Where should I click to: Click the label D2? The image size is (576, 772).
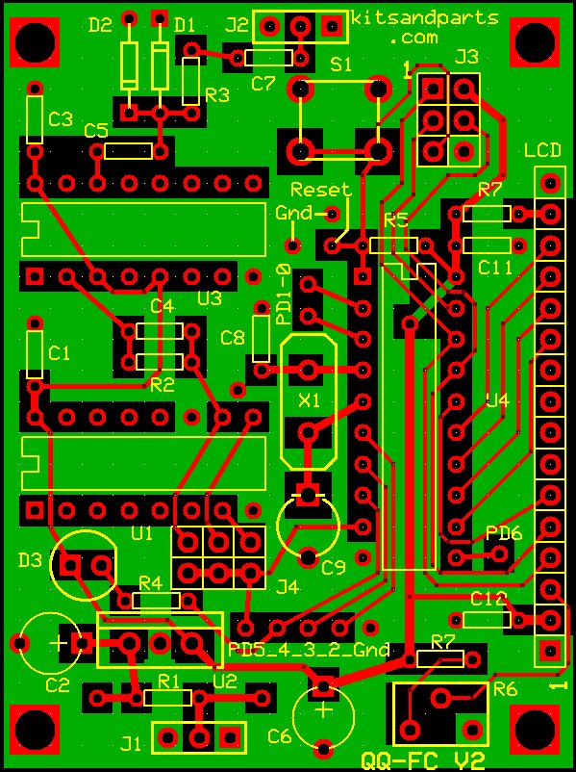(99, 25)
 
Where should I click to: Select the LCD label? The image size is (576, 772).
(542, 150)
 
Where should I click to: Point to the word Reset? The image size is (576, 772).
(320, 190)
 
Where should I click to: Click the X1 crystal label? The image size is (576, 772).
(309, 400)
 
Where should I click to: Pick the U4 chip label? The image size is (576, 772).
(497, 400)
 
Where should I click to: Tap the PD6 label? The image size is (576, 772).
(503, 532)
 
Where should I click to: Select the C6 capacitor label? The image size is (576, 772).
(279, 736)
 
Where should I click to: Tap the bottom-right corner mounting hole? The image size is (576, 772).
(535, 728)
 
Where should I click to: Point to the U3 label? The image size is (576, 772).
(210, 298)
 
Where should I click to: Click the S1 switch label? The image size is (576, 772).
(340, 64)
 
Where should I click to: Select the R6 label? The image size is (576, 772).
(504, 689)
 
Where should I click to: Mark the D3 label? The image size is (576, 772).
(30, 559)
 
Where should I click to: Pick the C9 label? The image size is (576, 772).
(333, 567)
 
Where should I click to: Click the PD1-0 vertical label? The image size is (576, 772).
(284, 294)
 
